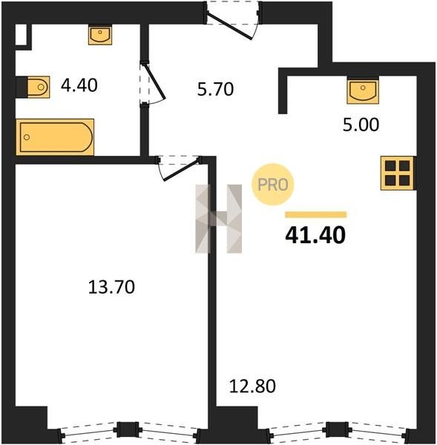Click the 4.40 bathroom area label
[x=79, y=85]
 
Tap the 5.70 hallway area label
[x=215, y=89]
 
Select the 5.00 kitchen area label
[x=361, y=125]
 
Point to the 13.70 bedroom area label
[x=111, y=286]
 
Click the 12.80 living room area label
[x=252, y=386]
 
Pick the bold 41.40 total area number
[x=315, y=235]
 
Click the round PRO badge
[x=273, y=185]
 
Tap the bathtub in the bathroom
[x=55, y=137]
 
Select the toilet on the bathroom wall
[x=39, y=87]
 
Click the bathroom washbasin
[x=100, y=35]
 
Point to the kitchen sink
[x=363, y=91]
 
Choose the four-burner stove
[x=397, y=173]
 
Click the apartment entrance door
[x=233, y=21]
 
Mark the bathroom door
[x=152, y=84]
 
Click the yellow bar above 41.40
[x=316, y=214]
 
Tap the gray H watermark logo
[x=219, y=219]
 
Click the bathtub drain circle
[x=27, y=137]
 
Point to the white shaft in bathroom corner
[x=21, y=35]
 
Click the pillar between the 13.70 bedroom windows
[x=128, y=429]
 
